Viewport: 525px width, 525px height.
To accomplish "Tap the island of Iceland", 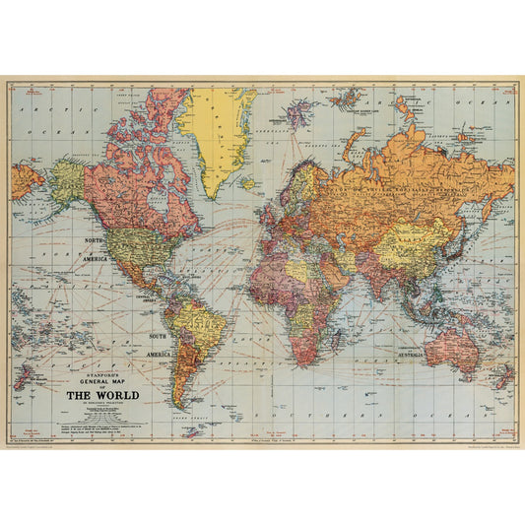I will pyautogui.click(x=247, y=182).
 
